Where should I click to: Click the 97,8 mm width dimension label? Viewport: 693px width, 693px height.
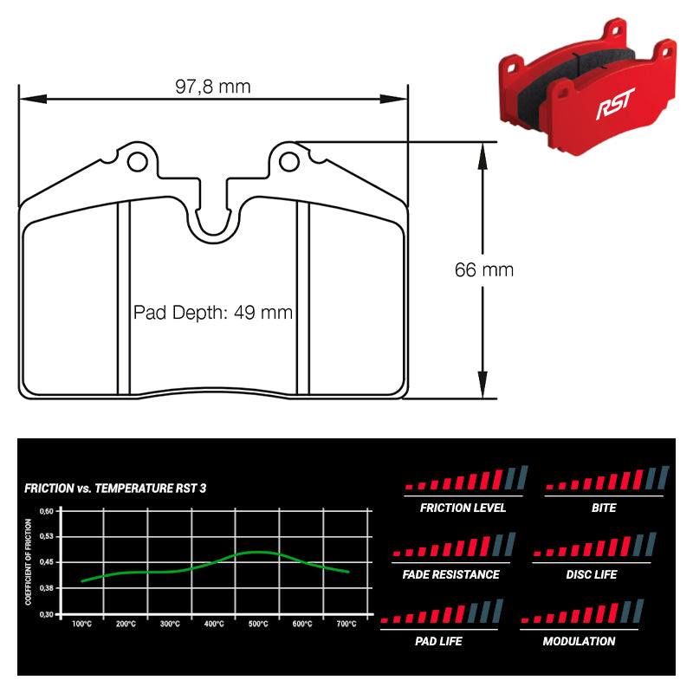click(212, 86)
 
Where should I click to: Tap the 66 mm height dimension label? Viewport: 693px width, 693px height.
click(484, 269)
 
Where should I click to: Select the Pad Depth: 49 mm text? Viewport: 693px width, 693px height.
click(213, 313)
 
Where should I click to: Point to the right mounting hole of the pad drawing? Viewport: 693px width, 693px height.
click(289, 161)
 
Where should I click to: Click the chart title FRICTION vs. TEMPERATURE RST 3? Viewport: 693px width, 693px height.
click(115, 489)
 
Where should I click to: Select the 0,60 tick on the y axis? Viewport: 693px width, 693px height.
click(48, 511)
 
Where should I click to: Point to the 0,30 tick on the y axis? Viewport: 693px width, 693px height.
click(48, 613)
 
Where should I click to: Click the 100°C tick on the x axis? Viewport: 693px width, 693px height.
click(82, 624)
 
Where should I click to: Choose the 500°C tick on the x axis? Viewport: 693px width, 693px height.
click(258, 624)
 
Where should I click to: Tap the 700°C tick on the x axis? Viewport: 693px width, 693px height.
click(346, 624)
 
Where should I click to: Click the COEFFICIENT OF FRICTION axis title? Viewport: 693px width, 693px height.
click(29, 562)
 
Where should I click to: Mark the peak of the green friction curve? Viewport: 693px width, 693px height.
click(257, 552)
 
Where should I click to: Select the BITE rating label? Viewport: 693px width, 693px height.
click(604, 508)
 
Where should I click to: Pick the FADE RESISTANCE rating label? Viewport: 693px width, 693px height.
click(450, 574)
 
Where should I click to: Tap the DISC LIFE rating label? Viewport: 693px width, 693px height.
click(592, 574)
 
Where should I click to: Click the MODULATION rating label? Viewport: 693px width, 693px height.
click(579, 641)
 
